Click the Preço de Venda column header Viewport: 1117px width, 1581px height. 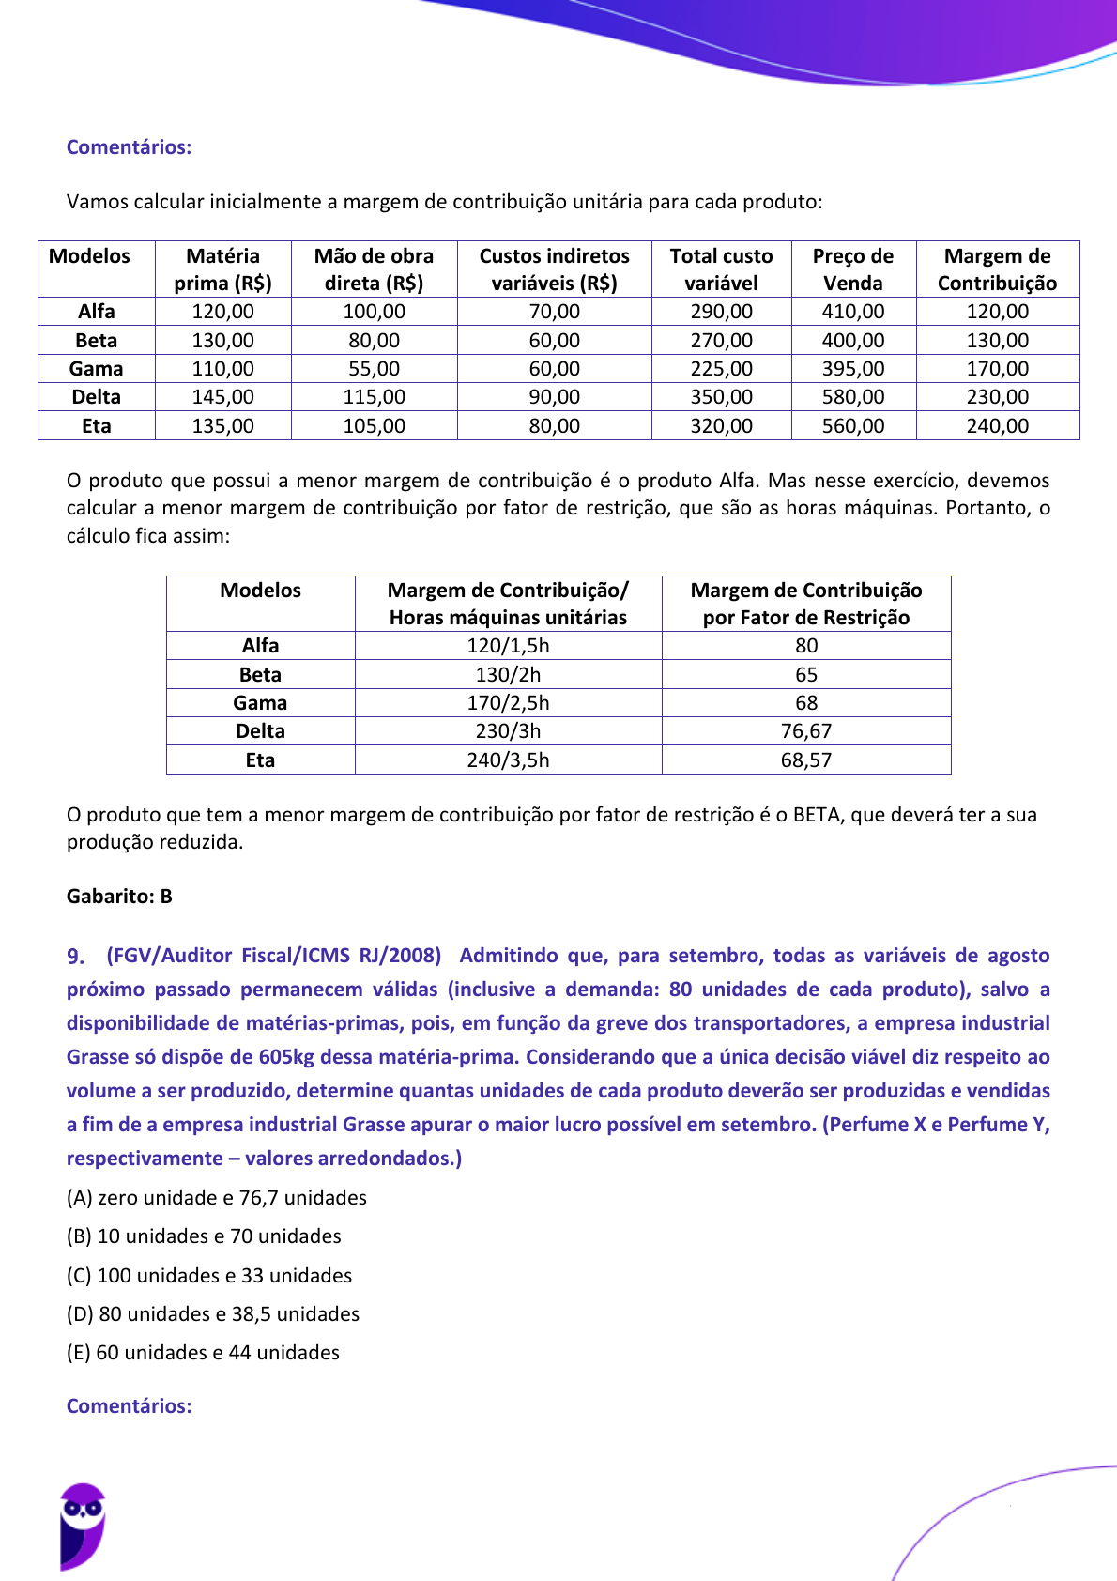(852, 269)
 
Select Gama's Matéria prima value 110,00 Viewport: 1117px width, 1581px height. (222, 369)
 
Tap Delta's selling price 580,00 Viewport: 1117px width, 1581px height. (852, 397)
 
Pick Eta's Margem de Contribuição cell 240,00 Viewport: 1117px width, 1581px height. (997, 426)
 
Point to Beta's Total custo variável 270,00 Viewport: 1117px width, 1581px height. (721, 341)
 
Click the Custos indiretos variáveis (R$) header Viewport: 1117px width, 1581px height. (554, 269)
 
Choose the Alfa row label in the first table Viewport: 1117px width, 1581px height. (96, 312)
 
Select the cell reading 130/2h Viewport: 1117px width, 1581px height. (508, 675)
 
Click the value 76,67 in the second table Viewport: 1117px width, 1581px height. (805, 731)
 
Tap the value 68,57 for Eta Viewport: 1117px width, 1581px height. (805, 760)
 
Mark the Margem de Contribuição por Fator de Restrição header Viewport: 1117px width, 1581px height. (805, 604)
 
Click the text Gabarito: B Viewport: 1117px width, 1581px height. (119, 897)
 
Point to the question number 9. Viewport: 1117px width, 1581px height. (75, 957)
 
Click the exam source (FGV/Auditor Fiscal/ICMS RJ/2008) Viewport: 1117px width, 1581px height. (273, 956)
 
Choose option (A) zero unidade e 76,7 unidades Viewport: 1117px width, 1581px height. (216, 1198)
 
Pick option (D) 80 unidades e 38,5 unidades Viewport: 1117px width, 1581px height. (212, 1314)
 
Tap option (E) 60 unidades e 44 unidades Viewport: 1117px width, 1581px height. (203, 1353)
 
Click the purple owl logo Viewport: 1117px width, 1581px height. (83, 1525)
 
